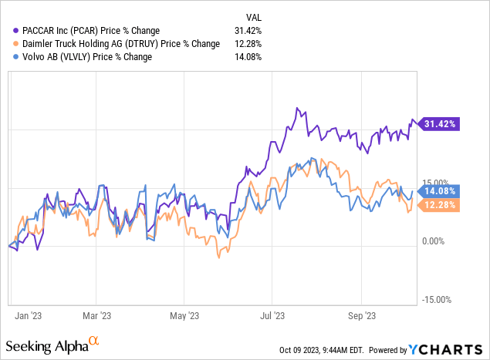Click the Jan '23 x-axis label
pyautogui.click(x=28, y=315)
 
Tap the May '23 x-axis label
pyautogui.click(x=183, y=315)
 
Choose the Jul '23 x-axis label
pyautogui.click(x=272, y=315)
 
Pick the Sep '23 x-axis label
pyautogui.click(x=360, y=315)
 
